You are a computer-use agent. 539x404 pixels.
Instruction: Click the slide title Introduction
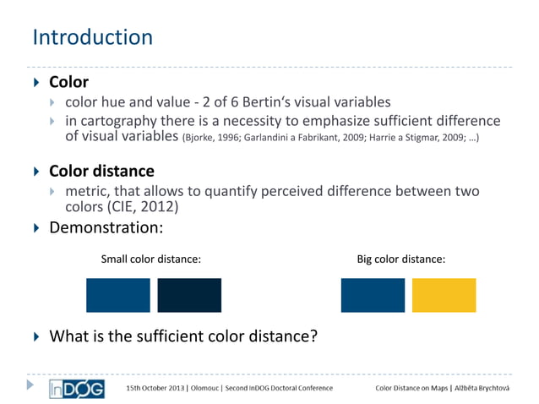pyautogui.click(x=92, y=38)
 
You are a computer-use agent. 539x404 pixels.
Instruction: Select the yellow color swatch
pyautogui.click(x=444, y=295)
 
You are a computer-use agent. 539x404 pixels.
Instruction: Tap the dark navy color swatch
pyautogui.click(x=189, y=295)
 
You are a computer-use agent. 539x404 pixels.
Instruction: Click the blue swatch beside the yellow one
pyautogui.click(x=373, y=295)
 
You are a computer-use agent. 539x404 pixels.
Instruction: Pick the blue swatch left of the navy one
pyautogui.click(x=117, y=295)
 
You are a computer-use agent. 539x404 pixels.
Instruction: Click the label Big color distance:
pyautogui.click(x=407, y=259)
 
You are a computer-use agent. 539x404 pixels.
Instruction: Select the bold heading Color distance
pyautogui.click(x=101, y=172)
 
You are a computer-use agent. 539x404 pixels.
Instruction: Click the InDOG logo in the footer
pyautogui.click(x=76, y=388)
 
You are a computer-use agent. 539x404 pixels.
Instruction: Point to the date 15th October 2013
pyautogui.click(x=155, y=388)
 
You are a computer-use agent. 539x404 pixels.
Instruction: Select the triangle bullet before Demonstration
pyautogui.click(x=35, y=228)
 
